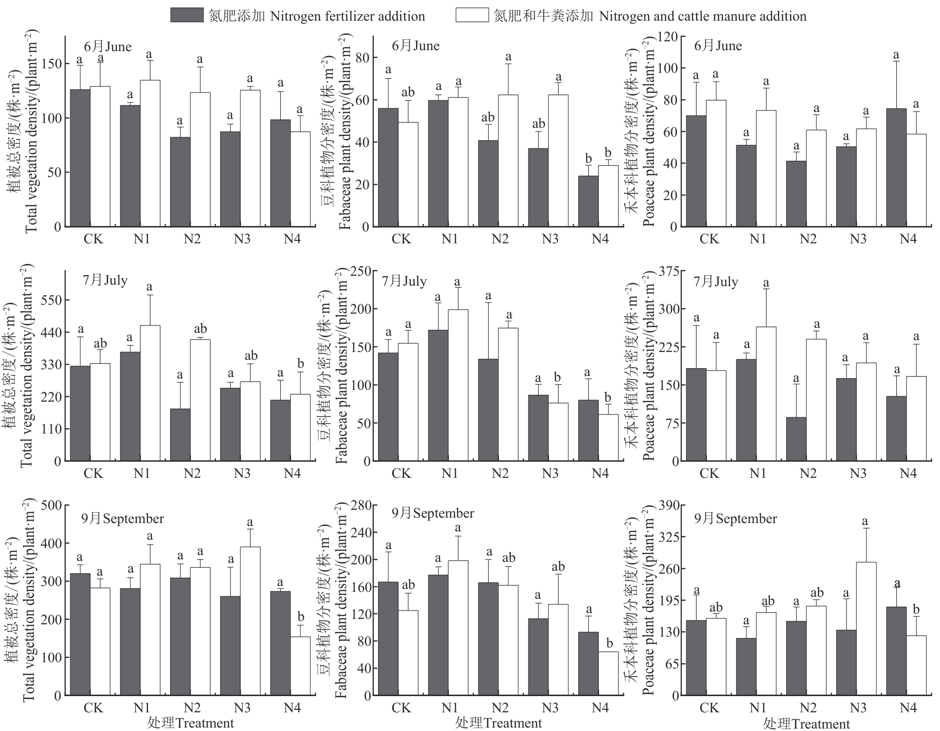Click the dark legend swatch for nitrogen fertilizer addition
tap(187, 15)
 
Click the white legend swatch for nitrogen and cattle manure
tap(472, 15)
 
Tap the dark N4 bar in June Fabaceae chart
tap(588, 202)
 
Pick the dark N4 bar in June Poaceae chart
tap(896, 168)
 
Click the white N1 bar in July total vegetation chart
tap(150, 393)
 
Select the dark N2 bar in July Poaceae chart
tap(796, 439)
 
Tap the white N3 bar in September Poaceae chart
tap(866, 629)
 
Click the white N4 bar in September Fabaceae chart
tap(608, 673)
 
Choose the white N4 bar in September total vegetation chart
tap(300, 666)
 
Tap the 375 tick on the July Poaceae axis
tap(668, 271)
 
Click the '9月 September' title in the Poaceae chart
tap(735, 519)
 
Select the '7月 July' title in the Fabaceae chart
tap(404, 281)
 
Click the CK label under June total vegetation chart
tap(93, 239)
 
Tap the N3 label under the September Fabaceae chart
tap(550, 708)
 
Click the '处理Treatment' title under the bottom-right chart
tap(806, 724)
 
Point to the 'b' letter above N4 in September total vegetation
tap(301, 616)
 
